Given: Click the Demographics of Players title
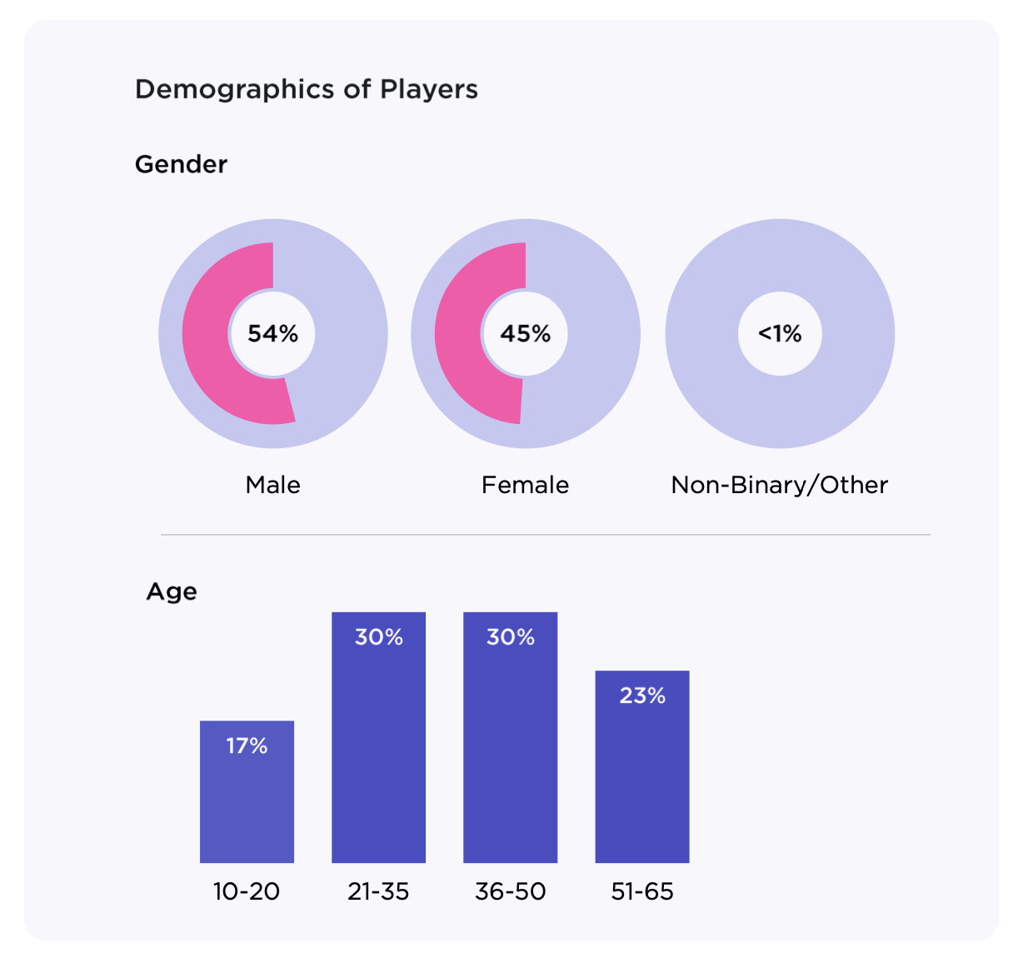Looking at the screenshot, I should tap(306, 89).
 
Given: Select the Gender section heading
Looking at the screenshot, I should tap(181, 164).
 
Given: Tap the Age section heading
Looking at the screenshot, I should tap(172, 591).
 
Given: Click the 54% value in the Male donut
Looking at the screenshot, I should tap(272, 334).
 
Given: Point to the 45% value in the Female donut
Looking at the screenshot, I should tap(525, 334).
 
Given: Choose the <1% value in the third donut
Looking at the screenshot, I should tap(780, 334).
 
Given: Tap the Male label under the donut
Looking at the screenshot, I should tap(272, 485).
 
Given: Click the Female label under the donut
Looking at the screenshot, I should tap(525, 485).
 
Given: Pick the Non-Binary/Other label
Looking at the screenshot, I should tap(780, 485).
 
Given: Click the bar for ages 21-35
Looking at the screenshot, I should tap(378, 750).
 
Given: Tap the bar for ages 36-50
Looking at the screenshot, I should tap(510, 750).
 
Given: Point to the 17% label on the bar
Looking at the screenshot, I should tap(247, 746).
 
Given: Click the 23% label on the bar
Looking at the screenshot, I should tap(641, 696).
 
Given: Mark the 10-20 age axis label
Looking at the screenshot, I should tap(247, 891).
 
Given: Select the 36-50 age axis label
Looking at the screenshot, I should tap(510, 891).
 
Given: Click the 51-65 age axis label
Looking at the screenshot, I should tap(641, 891).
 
